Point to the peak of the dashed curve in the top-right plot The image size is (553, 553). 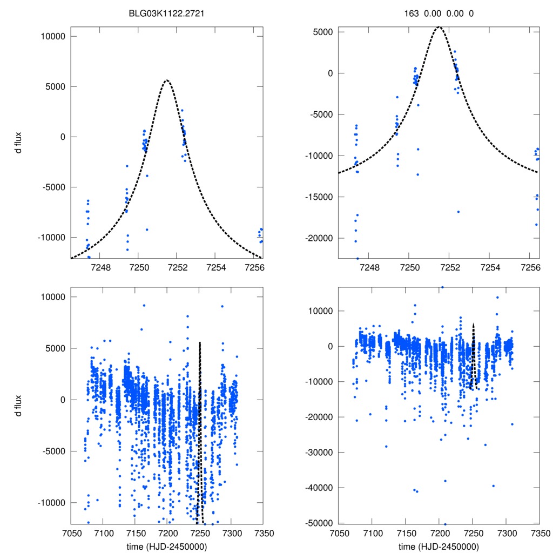439,27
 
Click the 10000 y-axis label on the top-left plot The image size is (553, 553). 53,36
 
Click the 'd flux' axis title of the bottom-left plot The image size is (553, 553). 18,403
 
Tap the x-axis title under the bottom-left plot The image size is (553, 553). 166,546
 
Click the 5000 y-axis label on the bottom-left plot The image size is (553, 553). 55,348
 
